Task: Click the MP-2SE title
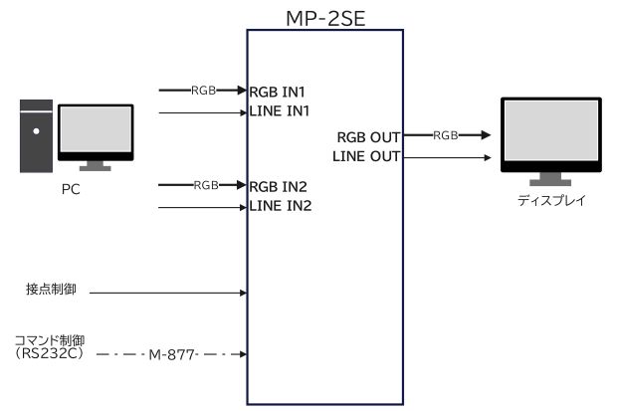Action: pyautogui.click(x=323, y=16)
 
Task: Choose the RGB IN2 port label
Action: pyautogui.click(x=282, y=185)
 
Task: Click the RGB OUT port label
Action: pyautogui.click(x=367, y=137)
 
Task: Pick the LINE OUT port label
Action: pyautogui.click(x=365, y=156)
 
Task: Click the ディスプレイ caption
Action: pyautogui.click(x=551, y=199)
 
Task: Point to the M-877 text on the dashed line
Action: pyautogui.click(x=170, y=353)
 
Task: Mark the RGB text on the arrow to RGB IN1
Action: pyautogui.click(x=204, y=91)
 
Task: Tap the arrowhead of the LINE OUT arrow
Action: pyautogui.click(x=487, y=156)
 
